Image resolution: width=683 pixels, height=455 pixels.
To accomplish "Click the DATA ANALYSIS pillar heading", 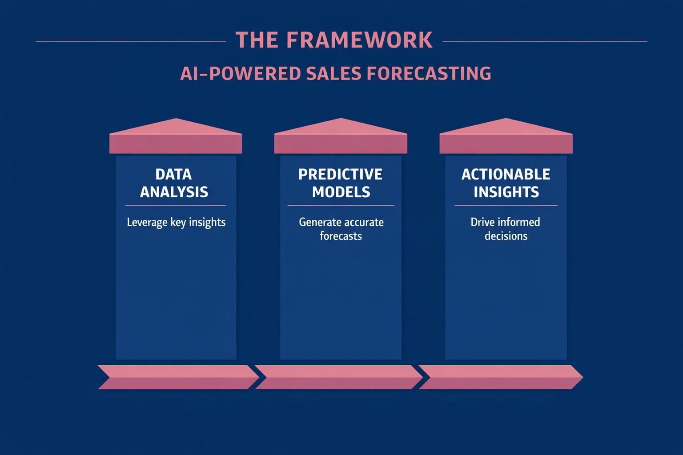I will click(174, 183).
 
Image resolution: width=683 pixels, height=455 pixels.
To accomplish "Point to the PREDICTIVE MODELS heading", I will click(341, 183).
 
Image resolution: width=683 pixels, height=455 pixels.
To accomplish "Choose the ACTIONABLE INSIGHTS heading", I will click(506, 183).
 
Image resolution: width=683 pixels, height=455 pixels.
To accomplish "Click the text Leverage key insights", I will click(176, 222).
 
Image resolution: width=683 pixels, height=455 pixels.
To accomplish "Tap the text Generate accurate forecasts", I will click(341, 229).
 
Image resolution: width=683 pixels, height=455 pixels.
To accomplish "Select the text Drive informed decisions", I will click(506, 229).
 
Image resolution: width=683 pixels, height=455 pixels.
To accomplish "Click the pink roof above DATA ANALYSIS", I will click(176, 138).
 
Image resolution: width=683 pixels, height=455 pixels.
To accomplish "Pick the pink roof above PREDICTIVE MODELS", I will click(341, 138).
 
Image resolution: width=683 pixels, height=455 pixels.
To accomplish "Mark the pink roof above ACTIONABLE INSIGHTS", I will click(506, 138).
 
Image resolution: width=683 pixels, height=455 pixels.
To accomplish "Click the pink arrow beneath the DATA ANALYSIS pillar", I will click(178, 377).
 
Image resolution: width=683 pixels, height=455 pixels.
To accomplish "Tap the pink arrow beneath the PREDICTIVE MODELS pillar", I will click(339, 377).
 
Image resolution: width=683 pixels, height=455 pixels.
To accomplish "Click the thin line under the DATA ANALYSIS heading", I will click(176, 206).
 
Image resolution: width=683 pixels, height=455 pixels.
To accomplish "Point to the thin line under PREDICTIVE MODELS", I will click(341, 206).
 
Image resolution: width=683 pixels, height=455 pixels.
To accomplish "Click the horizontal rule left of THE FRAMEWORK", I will click(131, 41).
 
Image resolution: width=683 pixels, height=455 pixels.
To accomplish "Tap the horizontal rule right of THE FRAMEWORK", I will click(545, 41).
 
